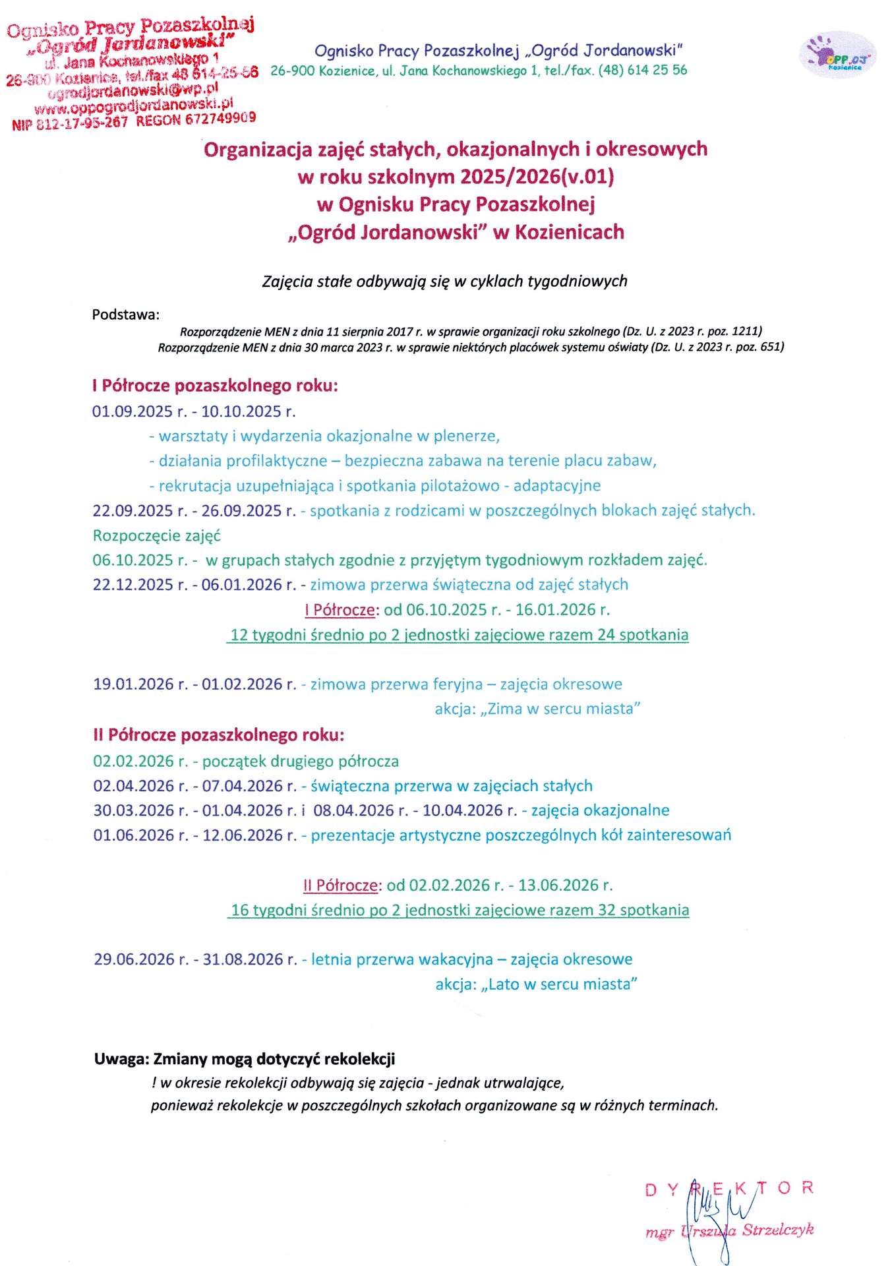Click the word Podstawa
[125, 315]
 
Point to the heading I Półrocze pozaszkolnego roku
[215, 386]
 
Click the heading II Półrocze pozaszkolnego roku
[218, 735]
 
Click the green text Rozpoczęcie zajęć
[157, 535]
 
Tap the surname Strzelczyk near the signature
[778, 1230]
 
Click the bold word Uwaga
[121, 1060]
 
